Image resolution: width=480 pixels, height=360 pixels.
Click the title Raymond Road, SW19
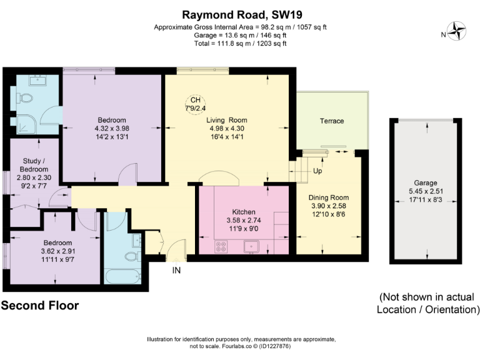coord(240,13)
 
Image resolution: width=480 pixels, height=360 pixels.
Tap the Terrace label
coord(332,121)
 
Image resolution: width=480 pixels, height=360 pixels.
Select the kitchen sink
coord(252,247)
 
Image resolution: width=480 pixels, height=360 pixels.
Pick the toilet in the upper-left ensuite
coord(25,98)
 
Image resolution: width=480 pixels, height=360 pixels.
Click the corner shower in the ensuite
coord(28,124)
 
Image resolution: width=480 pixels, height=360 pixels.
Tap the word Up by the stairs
coord(317,171)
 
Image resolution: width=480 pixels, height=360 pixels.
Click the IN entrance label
coord(178,271)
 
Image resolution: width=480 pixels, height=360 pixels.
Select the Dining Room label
coord(328,198)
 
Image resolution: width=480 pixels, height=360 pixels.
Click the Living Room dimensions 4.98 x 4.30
coord(227,130)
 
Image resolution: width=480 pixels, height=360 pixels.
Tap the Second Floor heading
coord(40,306)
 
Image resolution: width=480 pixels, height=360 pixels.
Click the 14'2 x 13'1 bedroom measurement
coord(112,138)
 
